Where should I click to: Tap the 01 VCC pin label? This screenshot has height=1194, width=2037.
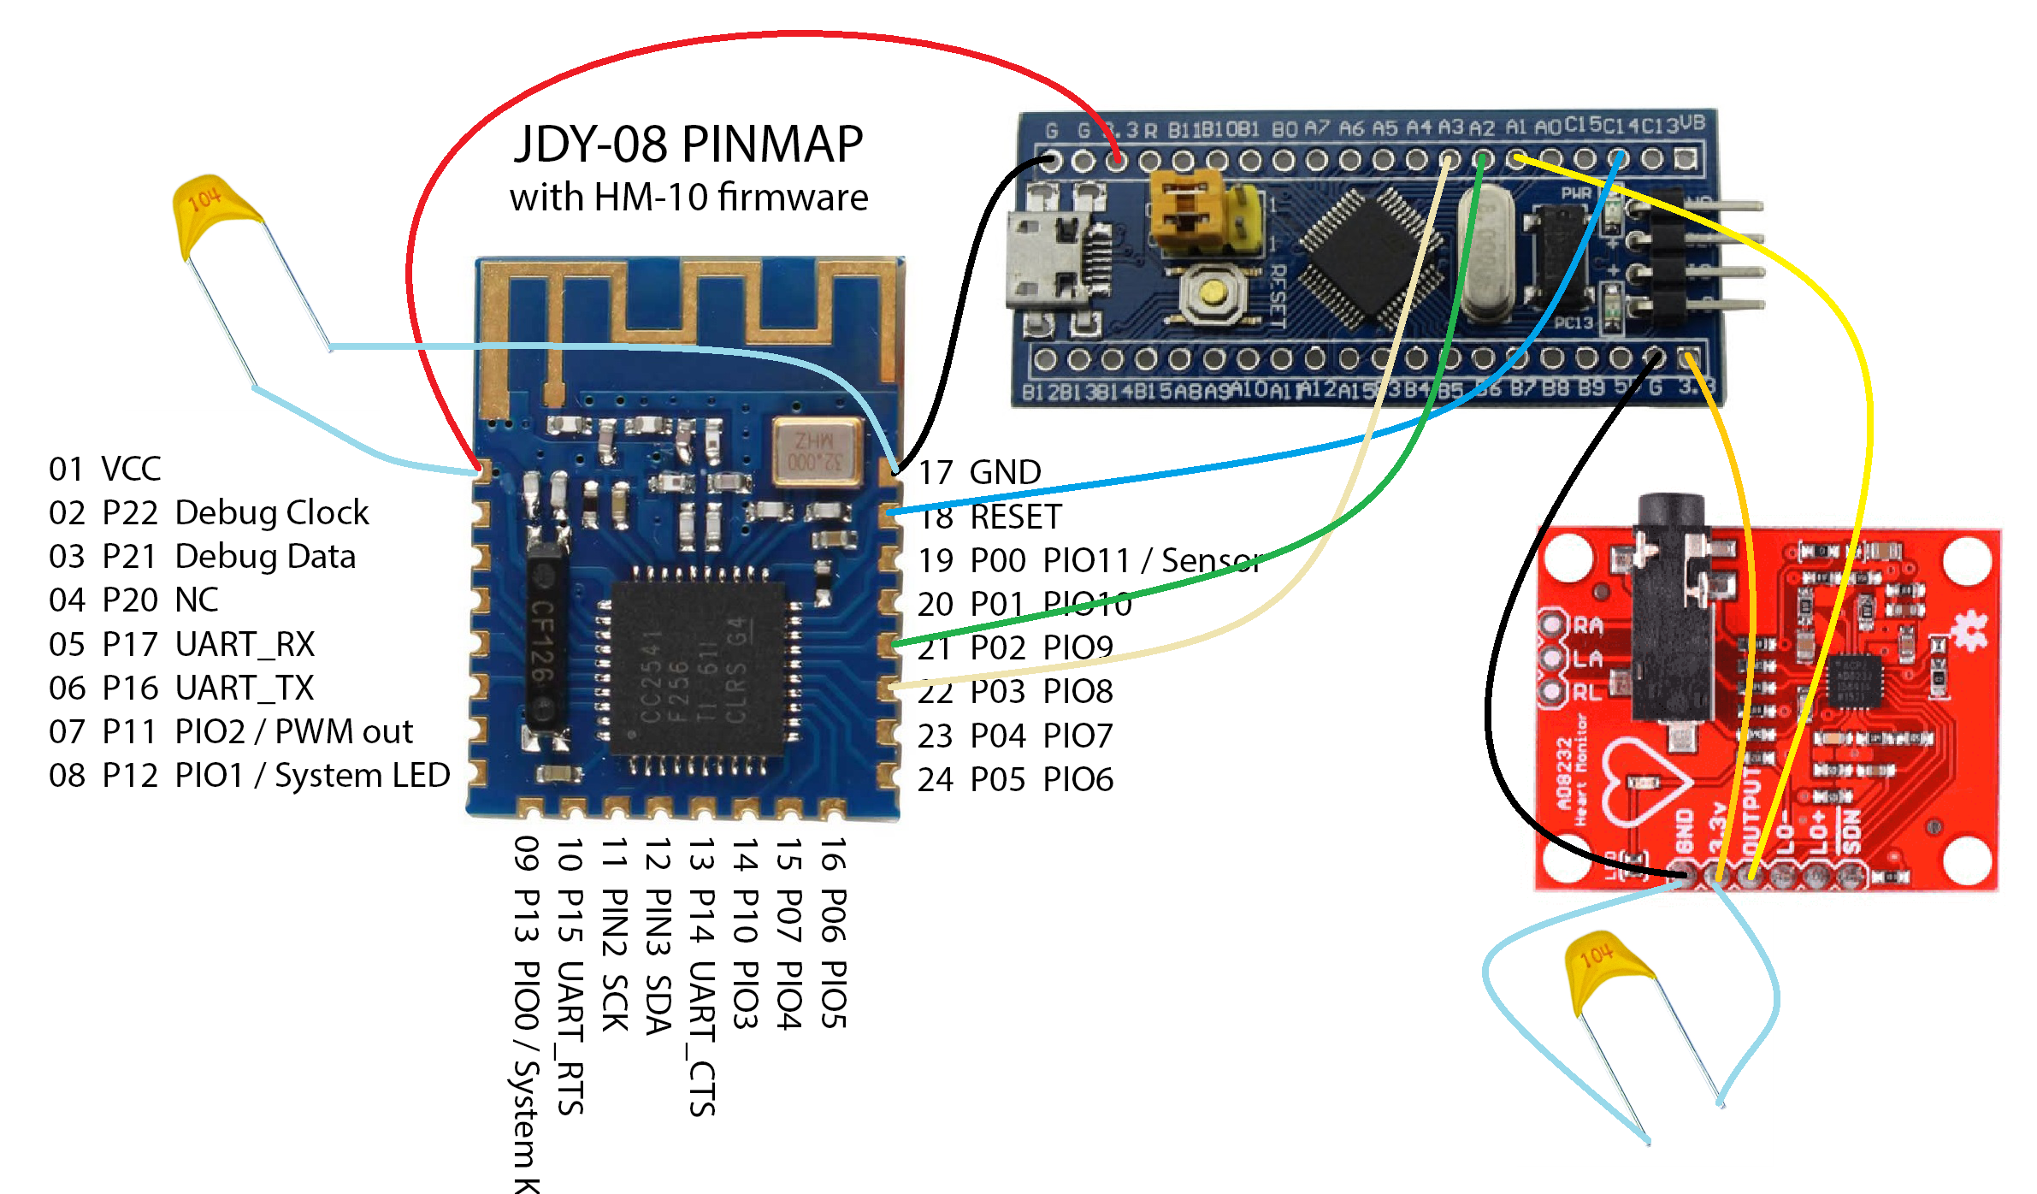(104, 469)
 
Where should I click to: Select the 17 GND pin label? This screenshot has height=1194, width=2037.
(979, 472)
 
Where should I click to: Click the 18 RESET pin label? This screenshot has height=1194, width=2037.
(989, 517)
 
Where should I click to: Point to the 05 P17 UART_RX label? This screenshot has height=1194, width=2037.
(181, 644)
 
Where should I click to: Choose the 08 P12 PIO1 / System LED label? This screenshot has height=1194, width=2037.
(249, 775)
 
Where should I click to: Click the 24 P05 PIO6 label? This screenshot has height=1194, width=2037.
(1015, 779)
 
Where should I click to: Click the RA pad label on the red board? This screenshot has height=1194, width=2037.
(1587, 625)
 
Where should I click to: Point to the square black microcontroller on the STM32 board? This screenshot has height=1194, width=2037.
(1368, 257)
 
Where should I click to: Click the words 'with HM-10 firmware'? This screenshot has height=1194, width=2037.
(688, 198)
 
